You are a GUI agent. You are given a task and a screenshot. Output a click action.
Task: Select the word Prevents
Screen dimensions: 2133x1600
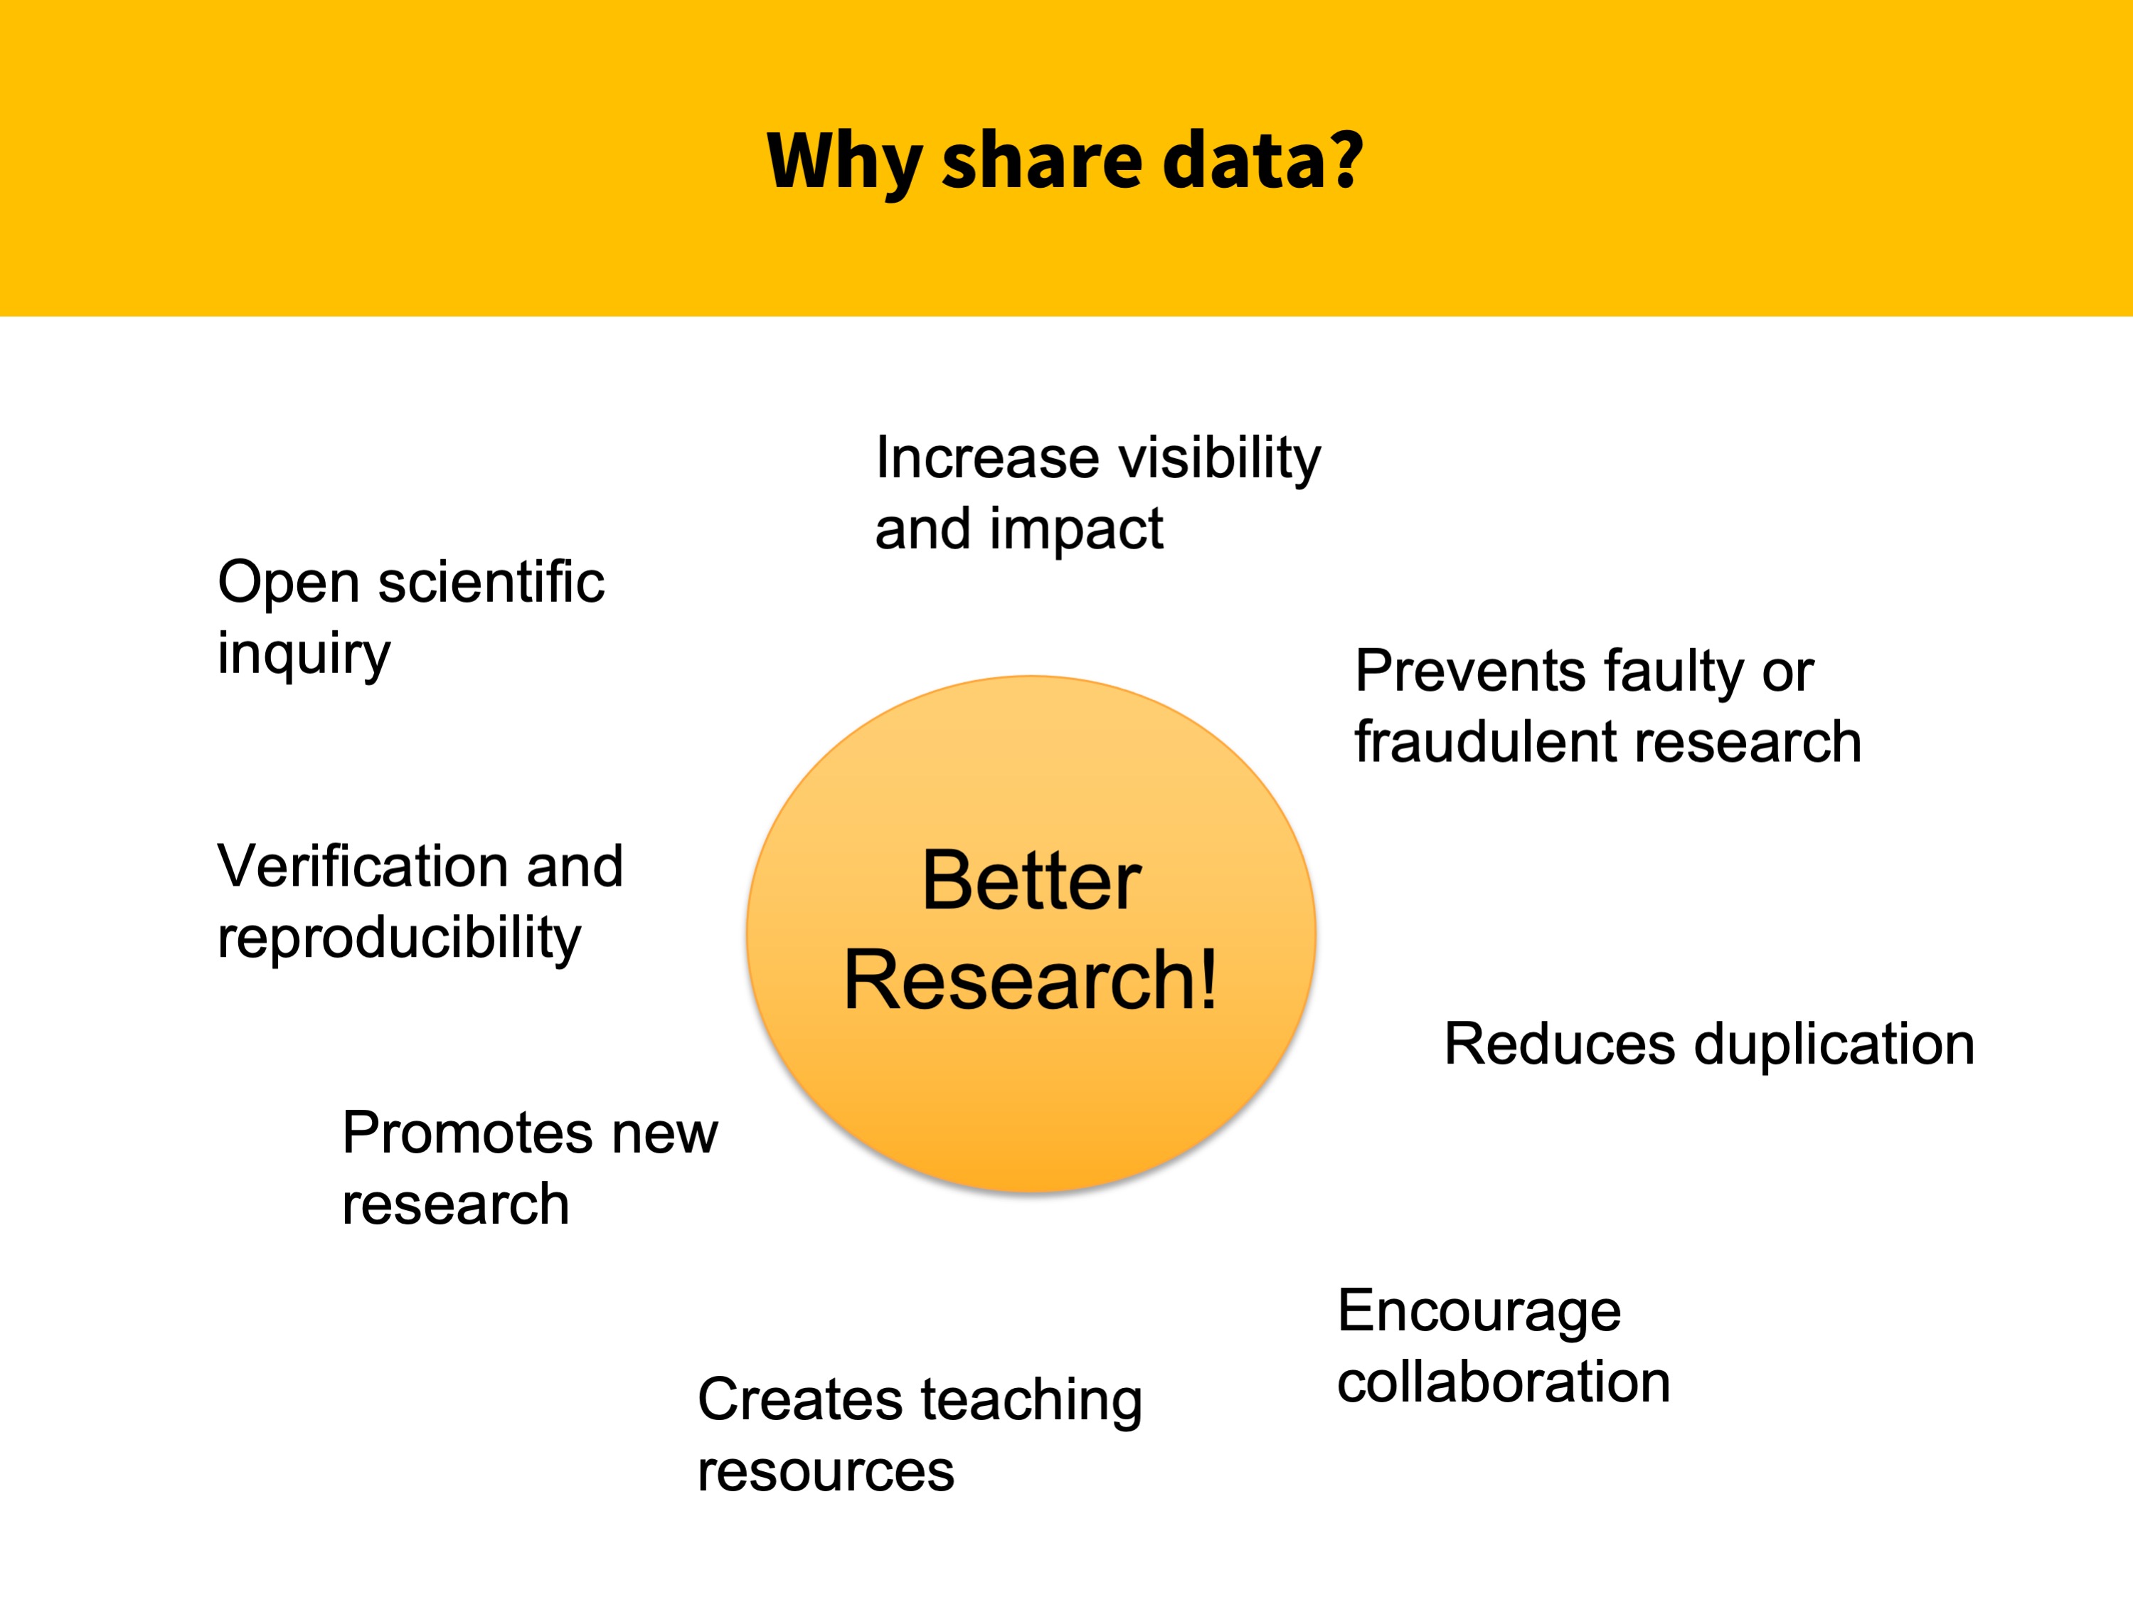pyautogui.click(x=1469, y=672)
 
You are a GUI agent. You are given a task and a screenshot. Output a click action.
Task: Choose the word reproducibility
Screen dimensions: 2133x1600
pyautogui.click(x=399, y=938)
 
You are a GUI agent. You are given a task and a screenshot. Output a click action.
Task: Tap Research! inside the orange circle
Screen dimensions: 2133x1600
pyautogui.click(x=1030, y=980)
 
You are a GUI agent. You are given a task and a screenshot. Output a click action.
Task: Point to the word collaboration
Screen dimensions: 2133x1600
pyautogui.click(x=1504, y=1382)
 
